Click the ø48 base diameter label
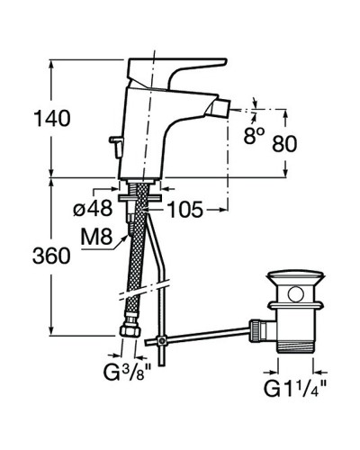click(x=93, y=209)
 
